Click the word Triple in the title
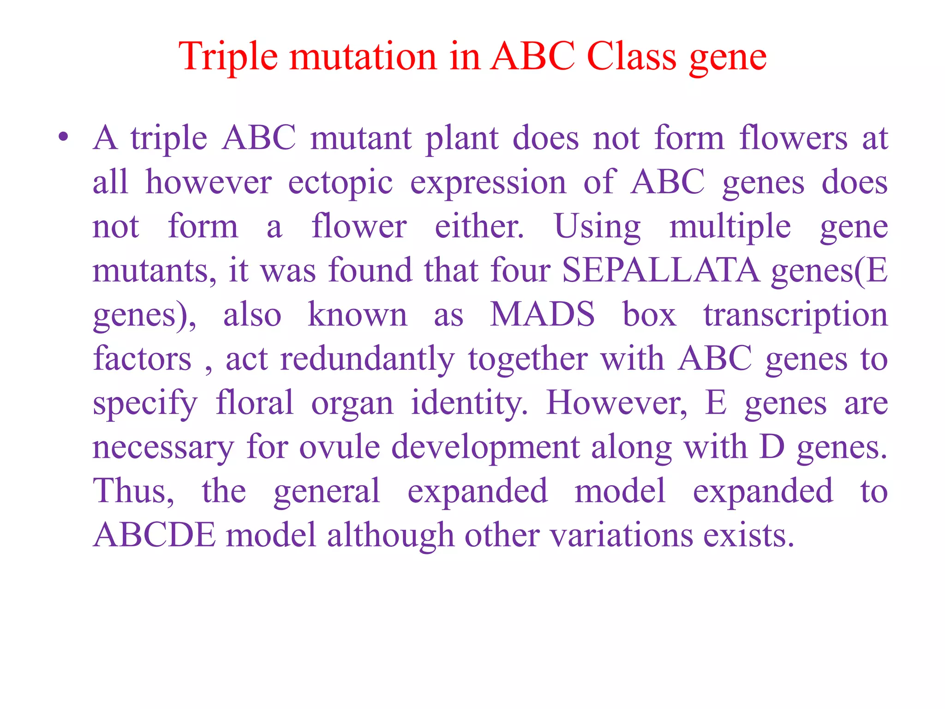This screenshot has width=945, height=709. click(228, 57)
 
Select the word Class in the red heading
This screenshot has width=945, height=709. click(632, 56)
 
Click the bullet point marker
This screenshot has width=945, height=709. click(64, 137)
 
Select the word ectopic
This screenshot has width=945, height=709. click(340, 182)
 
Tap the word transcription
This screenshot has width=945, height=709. click(795, 315)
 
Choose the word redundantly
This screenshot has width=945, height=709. click(367, 359)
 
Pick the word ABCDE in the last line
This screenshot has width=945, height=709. click(154, 535)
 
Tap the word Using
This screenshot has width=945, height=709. click(597, 226)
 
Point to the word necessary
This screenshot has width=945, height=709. click(163, 448)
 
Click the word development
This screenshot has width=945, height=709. click(485, 448)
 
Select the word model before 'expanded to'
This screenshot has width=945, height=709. click(620, 491)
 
